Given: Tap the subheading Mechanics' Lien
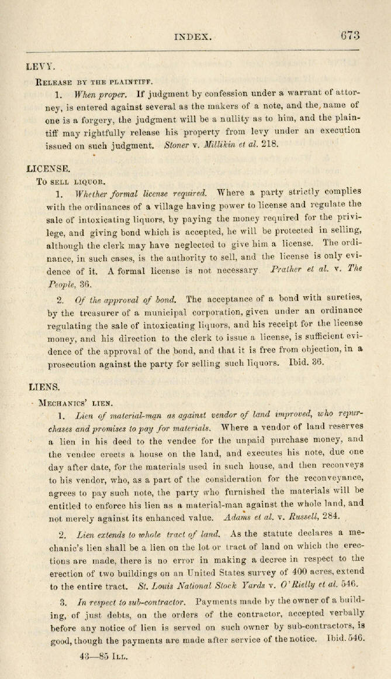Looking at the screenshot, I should tap(75, 403).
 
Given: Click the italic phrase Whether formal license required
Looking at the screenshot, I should tap(141, 193).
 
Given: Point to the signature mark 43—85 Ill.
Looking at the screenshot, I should tap(106, 640).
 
